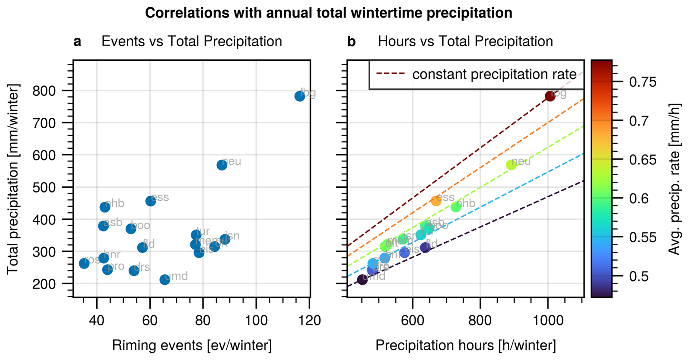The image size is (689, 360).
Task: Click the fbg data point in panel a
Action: point(299,96)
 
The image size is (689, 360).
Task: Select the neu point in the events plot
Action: point(222,165)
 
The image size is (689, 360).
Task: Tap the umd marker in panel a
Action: point(165,279)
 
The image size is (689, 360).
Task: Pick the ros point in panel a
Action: point(84,263)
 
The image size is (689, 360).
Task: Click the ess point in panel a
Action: point(150,201)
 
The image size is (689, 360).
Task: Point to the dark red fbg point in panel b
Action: point(550,96)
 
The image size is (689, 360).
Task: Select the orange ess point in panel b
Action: point(436,201)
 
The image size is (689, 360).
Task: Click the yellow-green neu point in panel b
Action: point(511,165)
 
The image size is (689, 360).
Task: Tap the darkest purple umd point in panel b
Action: point(362,279)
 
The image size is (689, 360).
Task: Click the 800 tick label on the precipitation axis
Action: point(44,91)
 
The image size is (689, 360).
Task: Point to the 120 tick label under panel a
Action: point(309,321)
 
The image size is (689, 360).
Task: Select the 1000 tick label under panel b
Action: point(548,321)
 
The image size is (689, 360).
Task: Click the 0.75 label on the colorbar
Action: point(643,82)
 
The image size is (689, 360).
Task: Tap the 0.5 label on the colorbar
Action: point(639,276)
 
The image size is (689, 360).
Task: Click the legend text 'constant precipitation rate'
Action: point(494,74)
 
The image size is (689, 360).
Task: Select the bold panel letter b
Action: point(351,42)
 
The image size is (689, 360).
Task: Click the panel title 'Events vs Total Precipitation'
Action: point(192,42)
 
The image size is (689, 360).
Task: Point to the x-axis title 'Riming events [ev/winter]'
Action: point(192,345)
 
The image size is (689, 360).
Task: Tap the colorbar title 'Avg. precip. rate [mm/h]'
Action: point(674,179)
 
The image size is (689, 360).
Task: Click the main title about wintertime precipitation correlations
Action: point(328,13)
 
